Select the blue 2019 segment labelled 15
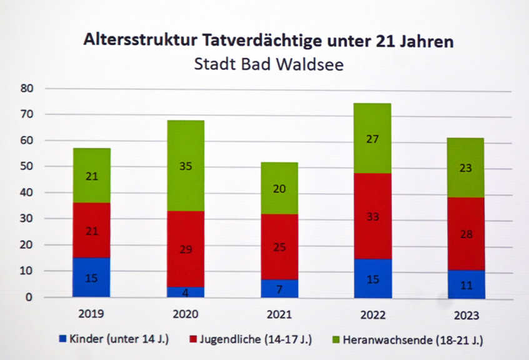tap(91, 277)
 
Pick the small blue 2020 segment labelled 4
tap(185, 292)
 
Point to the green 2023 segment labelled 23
tap(466, 167)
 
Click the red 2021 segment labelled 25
tap(279, 246)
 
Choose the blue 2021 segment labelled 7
tap(279, 288)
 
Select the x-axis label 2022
tap(373, 314)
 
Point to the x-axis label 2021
tap(279, 314)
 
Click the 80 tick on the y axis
tap(26, 89)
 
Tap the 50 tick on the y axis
tap(26, 167)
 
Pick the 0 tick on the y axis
tap(29, 297)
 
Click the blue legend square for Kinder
tap(62, 339)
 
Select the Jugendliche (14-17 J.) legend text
tap(254, 339)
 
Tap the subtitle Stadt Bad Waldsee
tap(269, 64)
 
